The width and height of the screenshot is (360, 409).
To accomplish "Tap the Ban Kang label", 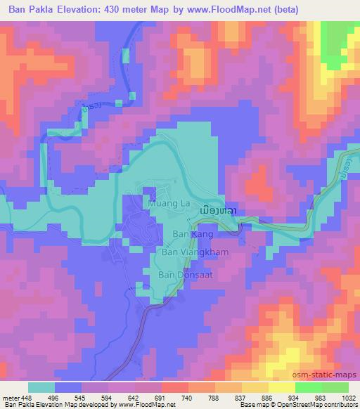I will click(x=188, y=233).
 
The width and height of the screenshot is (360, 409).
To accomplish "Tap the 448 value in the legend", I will click(x=26, y=397).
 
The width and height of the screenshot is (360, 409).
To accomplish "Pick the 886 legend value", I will click(x=267, y=397).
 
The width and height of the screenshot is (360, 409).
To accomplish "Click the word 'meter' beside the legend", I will click(x=10, y=397).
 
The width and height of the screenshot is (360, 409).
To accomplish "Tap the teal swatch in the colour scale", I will click(x=41, y=387).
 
